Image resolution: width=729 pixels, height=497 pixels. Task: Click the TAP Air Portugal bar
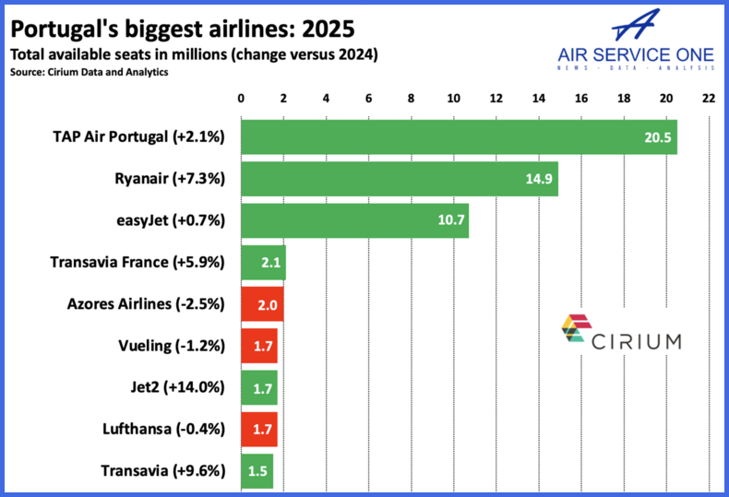coord(459,137)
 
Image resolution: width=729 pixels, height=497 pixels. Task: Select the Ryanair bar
coord(400,179)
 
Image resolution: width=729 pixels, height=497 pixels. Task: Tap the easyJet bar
coord(354,220)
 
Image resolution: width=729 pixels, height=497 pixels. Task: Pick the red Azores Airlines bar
coord(262,304)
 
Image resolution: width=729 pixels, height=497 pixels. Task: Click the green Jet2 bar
coord(259,388)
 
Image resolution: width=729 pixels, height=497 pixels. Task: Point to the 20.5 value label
coord(657,137)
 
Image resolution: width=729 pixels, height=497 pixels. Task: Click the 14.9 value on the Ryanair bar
coord(539,179)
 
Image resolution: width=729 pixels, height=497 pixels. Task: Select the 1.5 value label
coord(257,471)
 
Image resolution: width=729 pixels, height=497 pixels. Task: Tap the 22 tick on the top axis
coord(709,99)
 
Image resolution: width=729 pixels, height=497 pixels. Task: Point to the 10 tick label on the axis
coord(453,99)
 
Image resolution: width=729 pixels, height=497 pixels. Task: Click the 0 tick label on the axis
coord(241,99)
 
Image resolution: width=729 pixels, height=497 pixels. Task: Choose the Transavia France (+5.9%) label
coord(137,263)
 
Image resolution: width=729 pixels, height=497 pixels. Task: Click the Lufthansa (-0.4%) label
coord(163,429)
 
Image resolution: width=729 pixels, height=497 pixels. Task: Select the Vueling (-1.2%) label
coord(172,346)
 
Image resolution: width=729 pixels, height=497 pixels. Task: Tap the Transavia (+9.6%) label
coord(163,471)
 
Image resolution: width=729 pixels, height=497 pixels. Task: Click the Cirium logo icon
coord(577,328)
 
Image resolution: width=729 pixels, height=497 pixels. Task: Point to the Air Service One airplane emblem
coord(636,25)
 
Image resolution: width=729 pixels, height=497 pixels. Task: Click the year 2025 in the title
coord(329,30)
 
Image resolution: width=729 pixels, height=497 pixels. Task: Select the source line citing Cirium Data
coord(90,73)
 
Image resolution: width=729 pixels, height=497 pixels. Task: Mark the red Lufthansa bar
coord(259,430)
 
